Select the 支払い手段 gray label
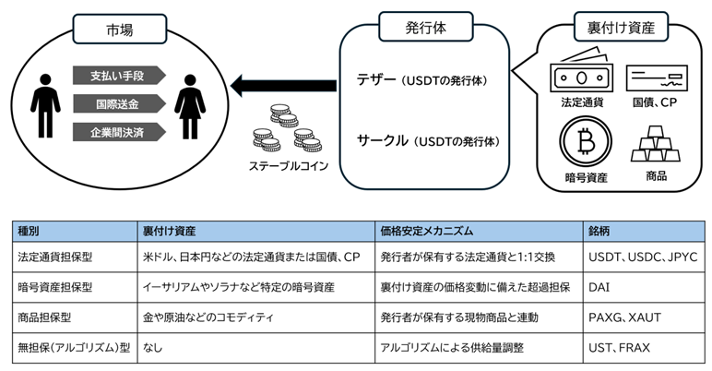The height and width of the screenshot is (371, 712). coord(121,75)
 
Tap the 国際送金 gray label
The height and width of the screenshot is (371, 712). coord(121,102)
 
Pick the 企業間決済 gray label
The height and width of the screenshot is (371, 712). coord(121,131)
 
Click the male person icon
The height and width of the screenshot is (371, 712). coord(39,102)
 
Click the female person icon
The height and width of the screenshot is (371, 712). coord(190,102)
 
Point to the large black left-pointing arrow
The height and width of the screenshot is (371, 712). coord(271,89)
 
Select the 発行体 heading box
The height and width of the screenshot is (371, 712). coord(427,29)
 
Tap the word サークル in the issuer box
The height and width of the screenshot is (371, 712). coord(382,140)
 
